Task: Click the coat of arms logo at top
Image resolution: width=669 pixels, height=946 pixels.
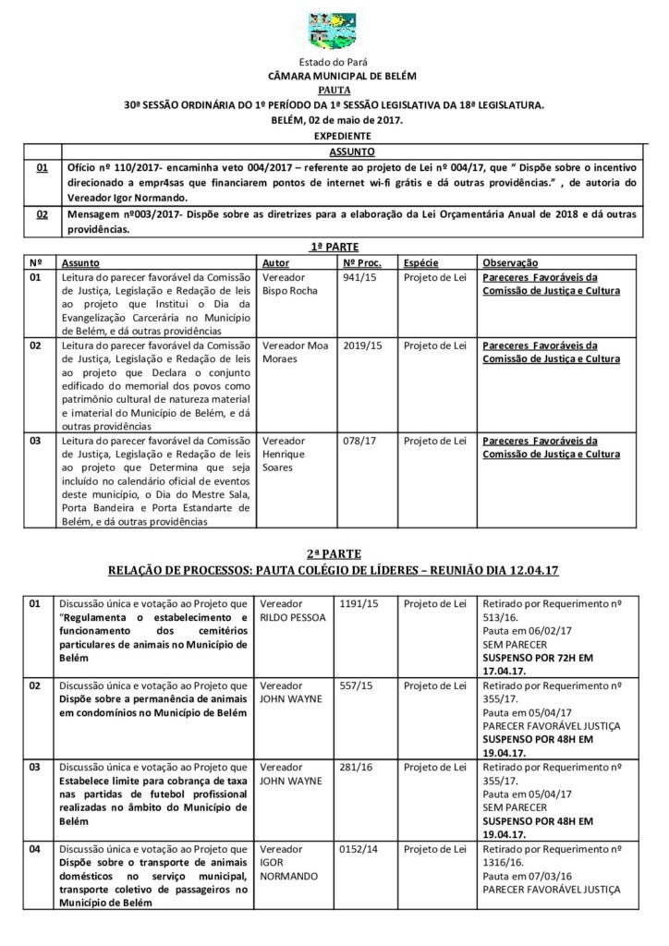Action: [x=334, y=30]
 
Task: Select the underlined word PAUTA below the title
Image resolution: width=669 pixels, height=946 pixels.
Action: [x=334, y=91]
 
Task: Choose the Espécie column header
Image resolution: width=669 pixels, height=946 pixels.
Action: [x=421, y=262]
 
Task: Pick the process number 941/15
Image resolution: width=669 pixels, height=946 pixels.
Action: [x=355, y=276]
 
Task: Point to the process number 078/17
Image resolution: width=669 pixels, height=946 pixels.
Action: [x=355, y=441]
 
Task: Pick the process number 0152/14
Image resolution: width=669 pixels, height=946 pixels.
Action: [x=358, y=848]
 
